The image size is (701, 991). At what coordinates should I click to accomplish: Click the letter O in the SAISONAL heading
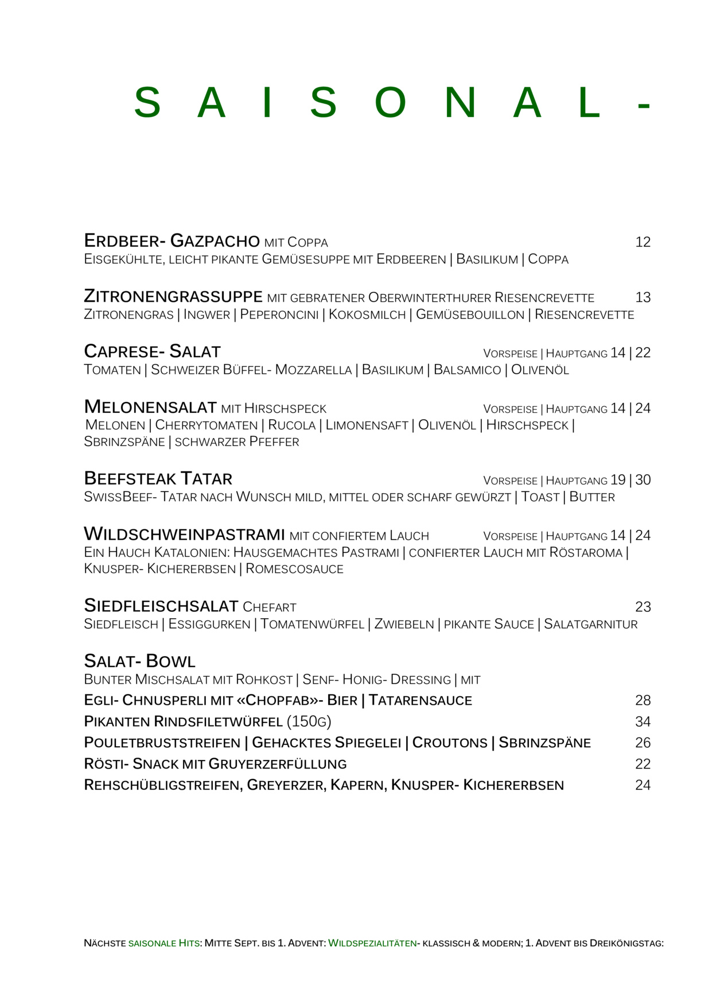(390, 103)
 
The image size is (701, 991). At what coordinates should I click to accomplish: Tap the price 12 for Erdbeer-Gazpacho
(642, 242)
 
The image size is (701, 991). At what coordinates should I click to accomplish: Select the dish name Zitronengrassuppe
(173, 296)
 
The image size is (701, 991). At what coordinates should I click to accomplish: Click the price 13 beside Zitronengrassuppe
(642, 298)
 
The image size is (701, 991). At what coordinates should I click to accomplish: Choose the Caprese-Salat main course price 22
(643, 353)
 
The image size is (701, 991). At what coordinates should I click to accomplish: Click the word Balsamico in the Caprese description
(467, 370)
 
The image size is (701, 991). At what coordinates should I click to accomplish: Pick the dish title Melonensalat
(150, 407)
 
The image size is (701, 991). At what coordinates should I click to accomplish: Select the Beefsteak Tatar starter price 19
(618, 480)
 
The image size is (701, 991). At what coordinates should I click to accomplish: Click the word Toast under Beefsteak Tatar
(540, 497)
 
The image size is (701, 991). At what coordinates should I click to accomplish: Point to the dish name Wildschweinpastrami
(184, 534)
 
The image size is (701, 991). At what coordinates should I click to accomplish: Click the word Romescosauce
(294, 569)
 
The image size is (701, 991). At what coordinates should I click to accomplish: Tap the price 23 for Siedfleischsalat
(642, 607)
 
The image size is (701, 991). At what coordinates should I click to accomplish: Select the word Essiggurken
(209, 624)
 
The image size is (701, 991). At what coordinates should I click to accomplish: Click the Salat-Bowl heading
(139, 661)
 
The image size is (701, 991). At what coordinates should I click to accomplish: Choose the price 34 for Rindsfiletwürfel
(642, 721)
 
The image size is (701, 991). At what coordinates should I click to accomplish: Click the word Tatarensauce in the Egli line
(420, 700)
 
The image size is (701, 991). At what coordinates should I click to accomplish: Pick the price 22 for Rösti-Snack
(642, 764)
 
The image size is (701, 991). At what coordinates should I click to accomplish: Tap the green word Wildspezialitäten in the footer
(372, 943)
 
